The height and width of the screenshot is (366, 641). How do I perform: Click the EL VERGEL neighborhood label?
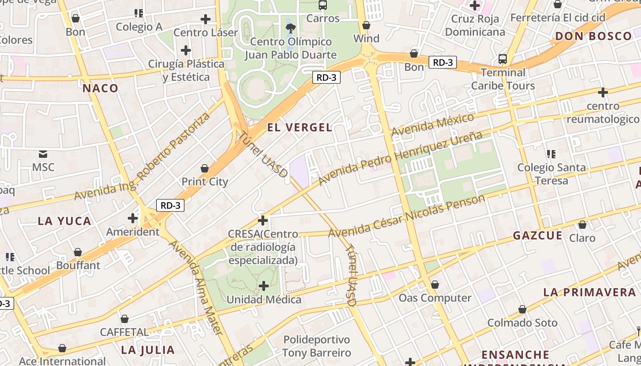(299, 128)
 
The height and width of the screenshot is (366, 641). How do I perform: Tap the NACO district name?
(100, 88)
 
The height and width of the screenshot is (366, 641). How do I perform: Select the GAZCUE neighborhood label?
(537, 236)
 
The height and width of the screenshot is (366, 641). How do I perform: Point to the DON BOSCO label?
(593, 36)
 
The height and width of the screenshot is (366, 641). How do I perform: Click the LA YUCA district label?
(65, 221)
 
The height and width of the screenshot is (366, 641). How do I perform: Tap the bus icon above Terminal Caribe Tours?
(503, 59)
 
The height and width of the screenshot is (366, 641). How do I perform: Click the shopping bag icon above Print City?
(205, 168)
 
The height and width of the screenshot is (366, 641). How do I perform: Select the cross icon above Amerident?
(133, 218)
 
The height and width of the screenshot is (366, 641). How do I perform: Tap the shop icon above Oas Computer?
(435, 285)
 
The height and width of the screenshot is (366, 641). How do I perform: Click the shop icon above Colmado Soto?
(522, 309)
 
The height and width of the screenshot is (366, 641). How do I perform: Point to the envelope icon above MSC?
(43, 154)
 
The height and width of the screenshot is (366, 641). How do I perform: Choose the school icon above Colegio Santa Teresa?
(551, 154)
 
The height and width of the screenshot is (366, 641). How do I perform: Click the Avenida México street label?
(433, 125)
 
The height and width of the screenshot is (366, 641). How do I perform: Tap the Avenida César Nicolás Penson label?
(407, 216)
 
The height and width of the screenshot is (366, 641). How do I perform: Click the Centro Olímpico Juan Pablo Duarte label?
(290, 48)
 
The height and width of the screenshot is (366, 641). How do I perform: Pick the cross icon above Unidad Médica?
(264, 286)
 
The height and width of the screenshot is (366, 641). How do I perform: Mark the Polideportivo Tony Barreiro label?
(316, 346)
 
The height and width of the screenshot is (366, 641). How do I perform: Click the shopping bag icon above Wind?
(366, 25)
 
